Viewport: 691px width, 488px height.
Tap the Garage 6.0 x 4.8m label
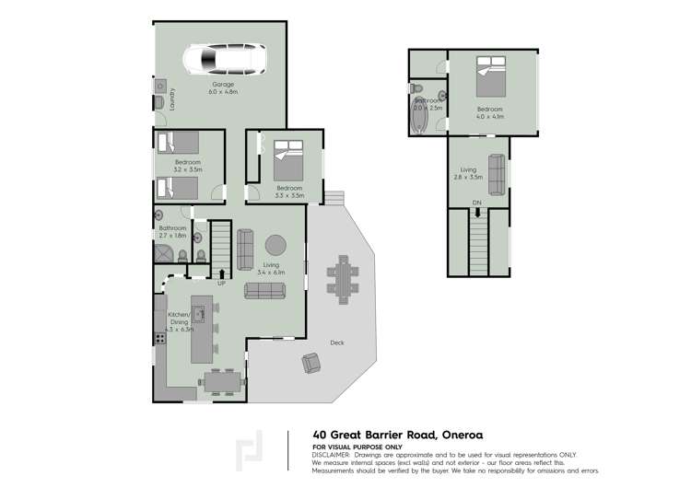pyautogui.click(x=223, y=88)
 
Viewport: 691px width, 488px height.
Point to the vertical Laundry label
pyautogui.click(x=172, y=98)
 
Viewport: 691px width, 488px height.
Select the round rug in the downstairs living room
pyautogui.click(x=275, y=245)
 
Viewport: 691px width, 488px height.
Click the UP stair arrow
pyautogui.click(x=221, y=273)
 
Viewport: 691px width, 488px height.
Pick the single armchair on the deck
pyautogui.click(x=311, y=364)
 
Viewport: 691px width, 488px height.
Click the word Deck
pyautogui.click(x=336, y=344)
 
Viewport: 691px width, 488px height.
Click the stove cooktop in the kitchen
pyautogui.click(x=160, y=338)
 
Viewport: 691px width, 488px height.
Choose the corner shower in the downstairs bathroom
pyautogui.click(x=165, y=254)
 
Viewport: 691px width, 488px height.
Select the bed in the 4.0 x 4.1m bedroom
pyautogui.click(x=489, y=76)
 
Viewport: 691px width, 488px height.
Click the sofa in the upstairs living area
pyautogui.click(x=496, y=173)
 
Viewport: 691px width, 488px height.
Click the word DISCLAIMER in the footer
pyautogui.click(x=331, y=454)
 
